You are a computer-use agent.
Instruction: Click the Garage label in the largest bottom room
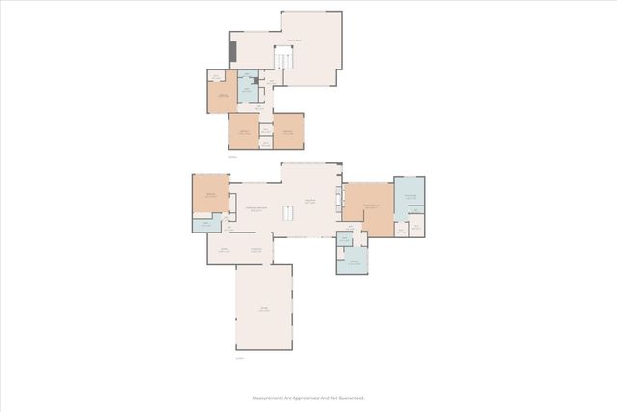click(264, 308)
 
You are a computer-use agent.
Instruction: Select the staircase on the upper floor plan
click(282, 61)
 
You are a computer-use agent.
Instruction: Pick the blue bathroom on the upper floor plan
click(248, 92)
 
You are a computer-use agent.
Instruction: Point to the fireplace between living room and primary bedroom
click(338, 201)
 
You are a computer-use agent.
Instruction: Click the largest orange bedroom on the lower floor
click(368, 207)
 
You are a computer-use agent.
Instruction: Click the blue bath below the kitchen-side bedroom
click(205, 226)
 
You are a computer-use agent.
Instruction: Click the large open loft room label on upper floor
click(294, 41)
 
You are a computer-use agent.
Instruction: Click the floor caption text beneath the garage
click(239, 358)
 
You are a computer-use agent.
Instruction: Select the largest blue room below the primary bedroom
click(353, 261)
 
